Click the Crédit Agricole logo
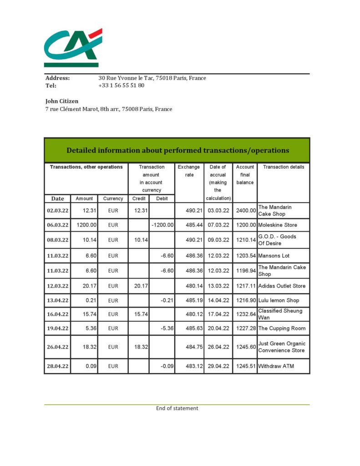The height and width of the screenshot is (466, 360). [73, 47]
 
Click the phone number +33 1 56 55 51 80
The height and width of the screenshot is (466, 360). [122, 85]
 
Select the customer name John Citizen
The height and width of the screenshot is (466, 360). [62, 101]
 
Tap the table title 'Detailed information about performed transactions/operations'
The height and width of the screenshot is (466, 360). [177, 150]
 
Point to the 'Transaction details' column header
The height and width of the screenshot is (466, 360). [284, 167]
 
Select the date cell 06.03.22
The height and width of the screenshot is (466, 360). [58, 225]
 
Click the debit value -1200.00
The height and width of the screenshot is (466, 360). [162, 225]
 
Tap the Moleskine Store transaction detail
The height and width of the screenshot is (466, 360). [278, 225]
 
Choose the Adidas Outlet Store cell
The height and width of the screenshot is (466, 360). [282, 286]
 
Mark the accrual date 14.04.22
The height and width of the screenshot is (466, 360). [218, 300]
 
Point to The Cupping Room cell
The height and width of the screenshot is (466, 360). [282, 329]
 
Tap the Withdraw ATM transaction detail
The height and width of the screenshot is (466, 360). [276, 366]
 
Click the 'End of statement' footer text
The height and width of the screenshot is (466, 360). [177, 408]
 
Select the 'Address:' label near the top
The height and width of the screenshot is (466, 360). [57, 78]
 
